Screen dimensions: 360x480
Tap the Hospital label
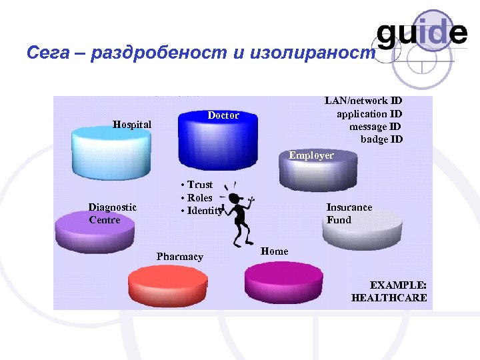(x=132, y=124)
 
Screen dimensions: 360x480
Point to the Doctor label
(x=223, y=115)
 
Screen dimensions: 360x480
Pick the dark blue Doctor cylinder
(x=217, y=143)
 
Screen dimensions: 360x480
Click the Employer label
(x=311, y=155)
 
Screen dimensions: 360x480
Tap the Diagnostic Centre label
(x=112, y=213)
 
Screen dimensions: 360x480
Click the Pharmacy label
(x=180, y=257)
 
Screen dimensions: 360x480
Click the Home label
(x=275, y=251)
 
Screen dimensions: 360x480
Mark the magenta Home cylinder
(x=283, y=281)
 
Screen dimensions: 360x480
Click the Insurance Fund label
(x=349, y=213)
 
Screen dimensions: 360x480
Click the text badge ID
(x=381, y=139)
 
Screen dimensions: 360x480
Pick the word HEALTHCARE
(x=389, y=298)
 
